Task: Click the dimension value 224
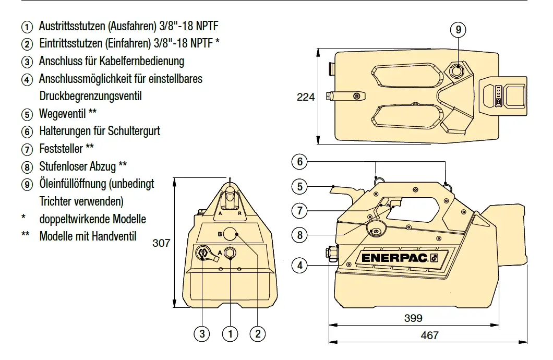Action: tap(306, 97)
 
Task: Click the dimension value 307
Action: tap(161, 243)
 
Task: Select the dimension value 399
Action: tap(413, 318)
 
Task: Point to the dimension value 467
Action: tap(429, 335)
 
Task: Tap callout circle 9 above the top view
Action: tap(458, 30)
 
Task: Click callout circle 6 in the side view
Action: tap(300, 162)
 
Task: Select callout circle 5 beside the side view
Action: tap(300, 186)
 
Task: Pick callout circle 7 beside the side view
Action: tap(300, 211)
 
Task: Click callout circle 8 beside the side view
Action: tap(300, 235)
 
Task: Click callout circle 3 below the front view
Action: tap(202, 333)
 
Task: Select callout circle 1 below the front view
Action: tap(230, 333)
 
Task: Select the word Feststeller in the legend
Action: tap(61, 149)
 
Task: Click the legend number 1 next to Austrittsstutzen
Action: tap(26, 27)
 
